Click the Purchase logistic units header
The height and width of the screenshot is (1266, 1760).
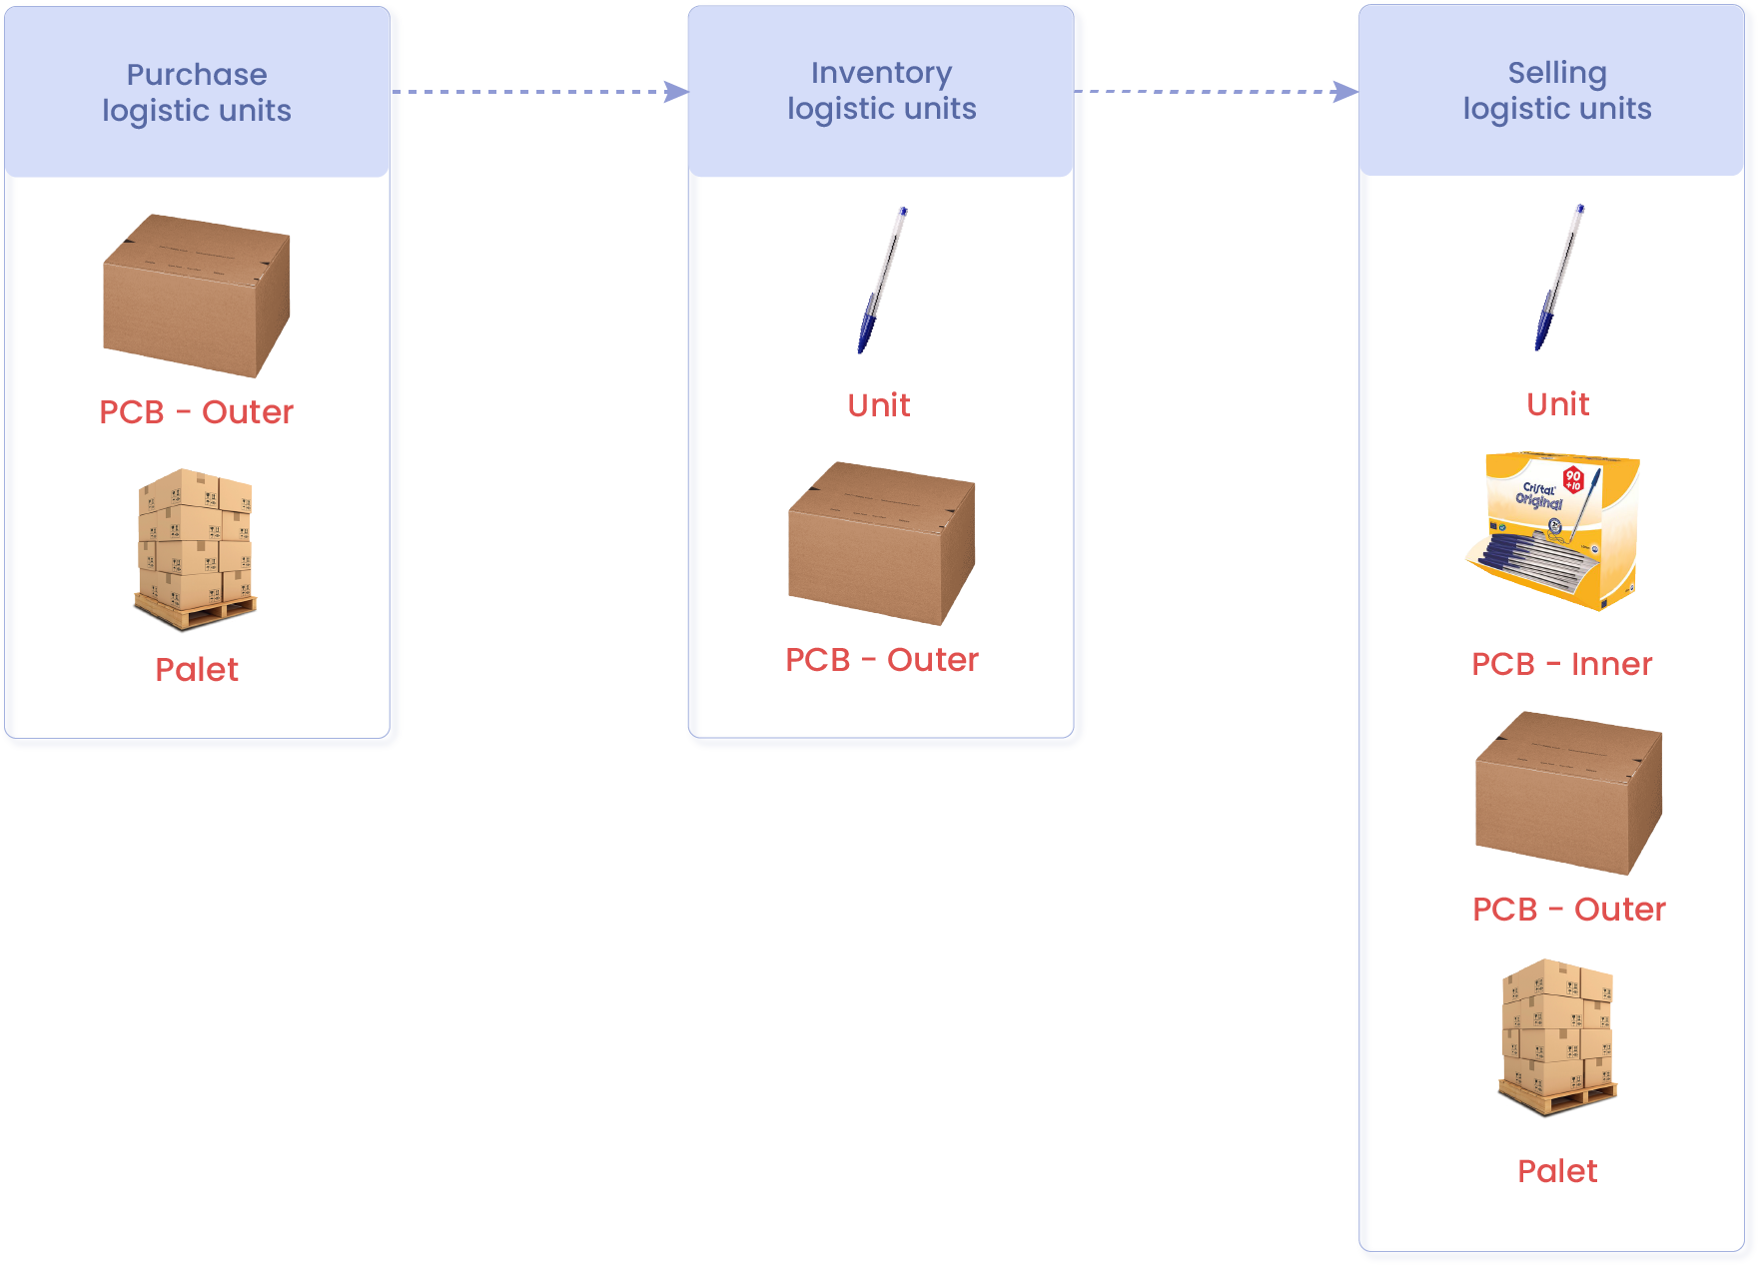pos(197,92)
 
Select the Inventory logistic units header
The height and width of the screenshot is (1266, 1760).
pos(881,91)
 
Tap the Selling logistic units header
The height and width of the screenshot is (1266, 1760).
pos(1551,90)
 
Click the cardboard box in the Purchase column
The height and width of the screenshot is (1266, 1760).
pos(197,296)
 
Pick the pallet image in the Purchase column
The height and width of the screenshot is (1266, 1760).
pos(196,549)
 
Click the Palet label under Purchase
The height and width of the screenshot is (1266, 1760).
pos(197,669)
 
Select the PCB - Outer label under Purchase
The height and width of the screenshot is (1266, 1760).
pos(197,411)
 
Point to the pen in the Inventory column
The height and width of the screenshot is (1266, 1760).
pos(882,280)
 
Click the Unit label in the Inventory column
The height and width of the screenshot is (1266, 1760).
pos(879,405)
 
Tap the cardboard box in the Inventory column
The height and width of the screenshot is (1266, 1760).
pos(882,543)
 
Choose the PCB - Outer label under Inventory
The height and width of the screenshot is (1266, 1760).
pos(882,660)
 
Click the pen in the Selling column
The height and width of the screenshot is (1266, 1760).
pos(1559,278)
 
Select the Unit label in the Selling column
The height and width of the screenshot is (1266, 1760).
pos(1558,404)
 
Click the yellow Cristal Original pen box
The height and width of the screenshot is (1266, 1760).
pos(1553,530)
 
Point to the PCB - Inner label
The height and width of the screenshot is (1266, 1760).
pos(1562,664)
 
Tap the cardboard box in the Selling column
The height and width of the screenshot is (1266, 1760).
pos(1569,793)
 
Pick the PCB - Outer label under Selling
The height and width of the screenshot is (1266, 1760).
pos(1569,910)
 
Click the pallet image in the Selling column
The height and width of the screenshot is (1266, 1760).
pos(1557,1037)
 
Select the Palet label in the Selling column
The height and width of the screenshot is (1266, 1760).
pos(1557,1170)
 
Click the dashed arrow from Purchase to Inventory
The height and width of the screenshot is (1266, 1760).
pos(539,92)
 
